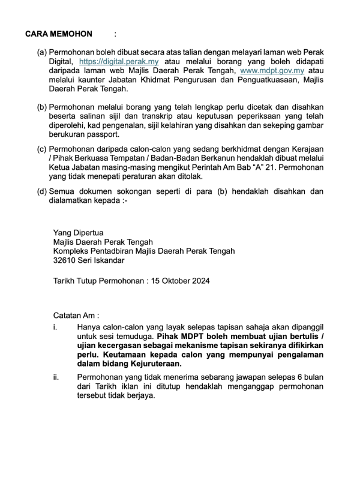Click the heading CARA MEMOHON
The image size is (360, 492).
[59, 34]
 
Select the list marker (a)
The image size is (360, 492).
[42, 52]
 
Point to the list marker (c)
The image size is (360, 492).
[42, 148]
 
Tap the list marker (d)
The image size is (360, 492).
[42, 191]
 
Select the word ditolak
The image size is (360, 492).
[188, 176]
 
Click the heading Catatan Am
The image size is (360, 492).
[76, 316]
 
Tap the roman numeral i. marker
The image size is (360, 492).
[55, 328]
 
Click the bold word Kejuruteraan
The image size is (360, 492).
[152, 364]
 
